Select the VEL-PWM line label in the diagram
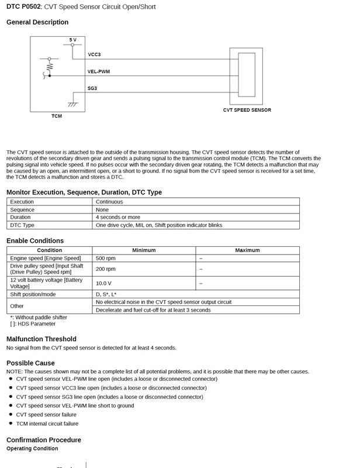(99, 71)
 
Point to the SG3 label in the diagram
(92, 88)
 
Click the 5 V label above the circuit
(72, 39)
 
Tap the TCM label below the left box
(56, 116)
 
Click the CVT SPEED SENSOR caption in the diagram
(247, 110)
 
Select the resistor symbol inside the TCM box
(50, 68)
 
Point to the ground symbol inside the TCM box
(73, 104)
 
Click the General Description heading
(37, 22)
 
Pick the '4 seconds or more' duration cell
(118, 217)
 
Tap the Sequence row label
(22, 209)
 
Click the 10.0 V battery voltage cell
(105, 283)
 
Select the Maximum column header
(247, 250)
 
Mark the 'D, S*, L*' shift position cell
(106, 294)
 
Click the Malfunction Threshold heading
(41, 339)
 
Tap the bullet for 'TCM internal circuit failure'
(11, 424)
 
